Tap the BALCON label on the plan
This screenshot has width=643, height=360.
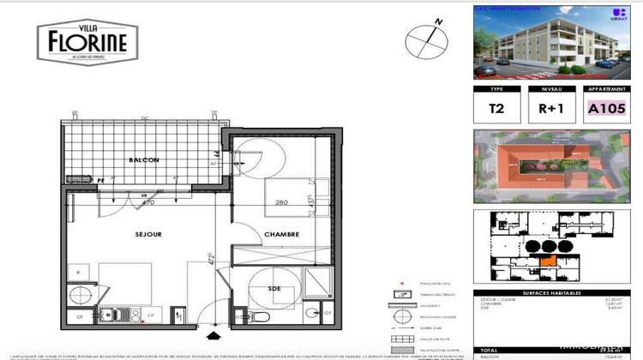pos(143,159)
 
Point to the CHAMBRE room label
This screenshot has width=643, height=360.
pos(279,233)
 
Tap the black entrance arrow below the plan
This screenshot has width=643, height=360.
pos(213,329)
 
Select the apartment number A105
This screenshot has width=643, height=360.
pos(607,110)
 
